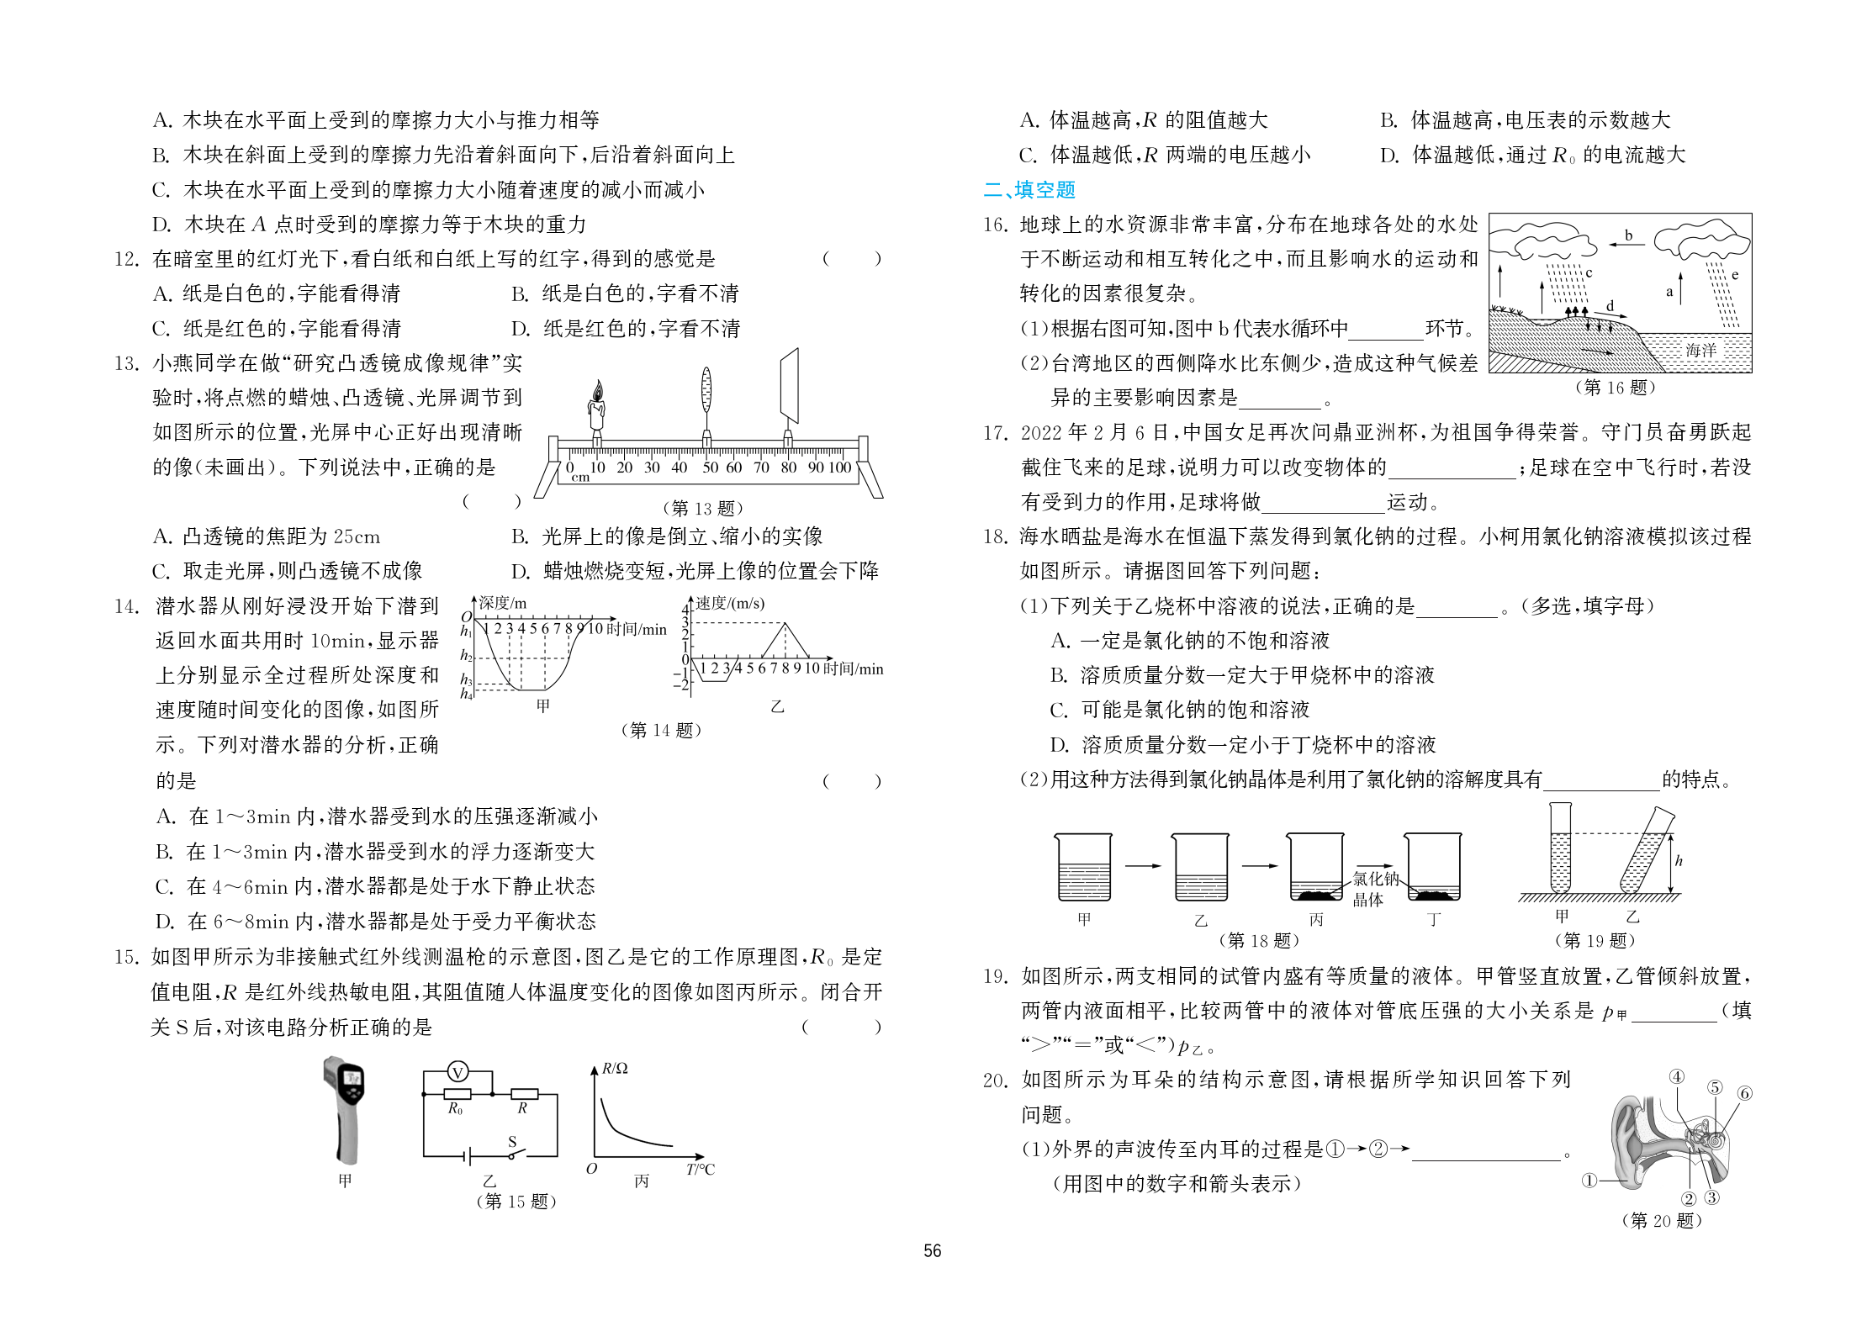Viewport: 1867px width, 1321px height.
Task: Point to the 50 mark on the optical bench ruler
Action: [x=710, y=468]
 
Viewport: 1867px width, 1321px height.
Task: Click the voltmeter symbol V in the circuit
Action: [x=457, y=1072]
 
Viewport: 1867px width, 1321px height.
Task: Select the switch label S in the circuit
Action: [x=512, y=1142]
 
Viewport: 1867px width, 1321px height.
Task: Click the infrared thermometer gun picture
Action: [x=345, y=1110]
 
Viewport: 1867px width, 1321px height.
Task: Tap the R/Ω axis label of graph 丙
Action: [x=615, y=1069]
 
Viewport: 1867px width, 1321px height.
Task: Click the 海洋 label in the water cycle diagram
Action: [x=1700, y=350]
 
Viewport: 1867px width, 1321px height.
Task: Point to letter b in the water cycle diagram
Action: [x=1628, y=235]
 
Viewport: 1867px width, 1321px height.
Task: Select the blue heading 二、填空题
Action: [x=1029, y=190]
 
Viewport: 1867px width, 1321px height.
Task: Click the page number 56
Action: [x=933, y=1251]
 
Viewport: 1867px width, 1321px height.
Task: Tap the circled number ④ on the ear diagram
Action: [x=1676, y=1077]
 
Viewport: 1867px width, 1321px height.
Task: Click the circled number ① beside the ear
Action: [x=1589, y=1181]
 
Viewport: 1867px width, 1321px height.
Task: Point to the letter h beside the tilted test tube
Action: [x=1679, y=861]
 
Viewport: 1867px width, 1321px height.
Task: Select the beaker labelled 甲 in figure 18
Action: [x=1083, y=868]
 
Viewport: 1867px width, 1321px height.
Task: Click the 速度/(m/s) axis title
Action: [x=730, y=604]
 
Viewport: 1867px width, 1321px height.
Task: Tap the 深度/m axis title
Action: [x=502, y=603]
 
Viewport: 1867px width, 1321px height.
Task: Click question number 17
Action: [x=995, y=433]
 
